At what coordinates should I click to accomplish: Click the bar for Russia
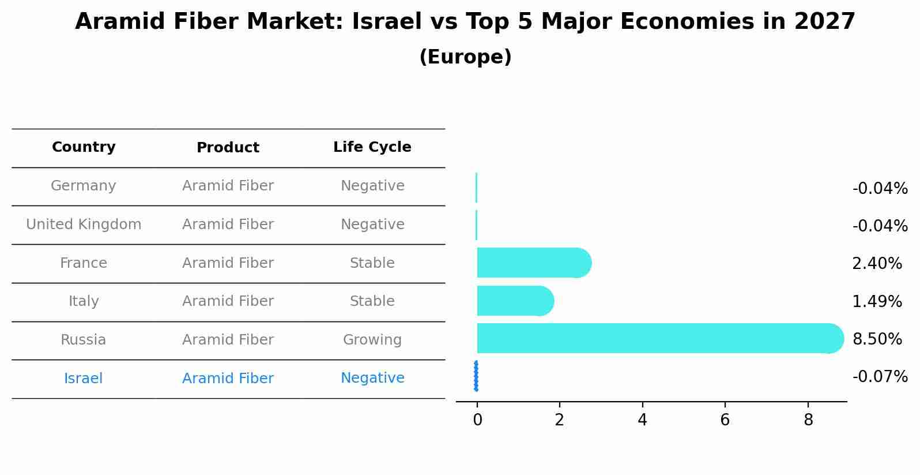(657, 338)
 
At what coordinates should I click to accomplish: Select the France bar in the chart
(533, 263)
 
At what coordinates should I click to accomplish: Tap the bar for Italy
(515, 301)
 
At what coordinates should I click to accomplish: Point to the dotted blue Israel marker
(476, 376)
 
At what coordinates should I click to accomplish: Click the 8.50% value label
(877, 339)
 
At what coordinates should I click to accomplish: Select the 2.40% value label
(877, 264)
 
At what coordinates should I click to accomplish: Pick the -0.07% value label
(880, 377)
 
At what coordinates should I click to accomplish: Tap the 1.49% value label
(877, 301)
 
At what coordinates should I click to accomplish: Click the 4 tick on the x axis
(642, 420)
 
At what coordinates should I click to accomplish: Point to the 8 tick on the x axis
(808, 420)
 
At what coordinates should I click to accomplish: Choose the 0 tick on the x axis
(477, 420)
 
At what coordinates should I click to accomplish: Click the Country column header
(84, 147)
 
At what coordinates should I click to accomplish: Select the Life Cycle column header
(372, 147)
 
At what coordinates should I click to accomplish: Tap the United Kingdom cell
(84, 225)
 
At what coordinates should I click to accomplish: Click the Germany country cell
(84, 186)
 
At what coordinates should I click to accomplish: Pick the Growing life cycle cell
(372, 340)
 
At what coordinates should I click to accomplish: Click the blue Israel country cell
(84, 379)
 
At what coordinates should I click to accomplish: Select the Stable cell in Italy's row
(372, 301)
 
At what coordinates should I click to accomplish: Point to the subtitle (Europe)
(465, 57)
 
